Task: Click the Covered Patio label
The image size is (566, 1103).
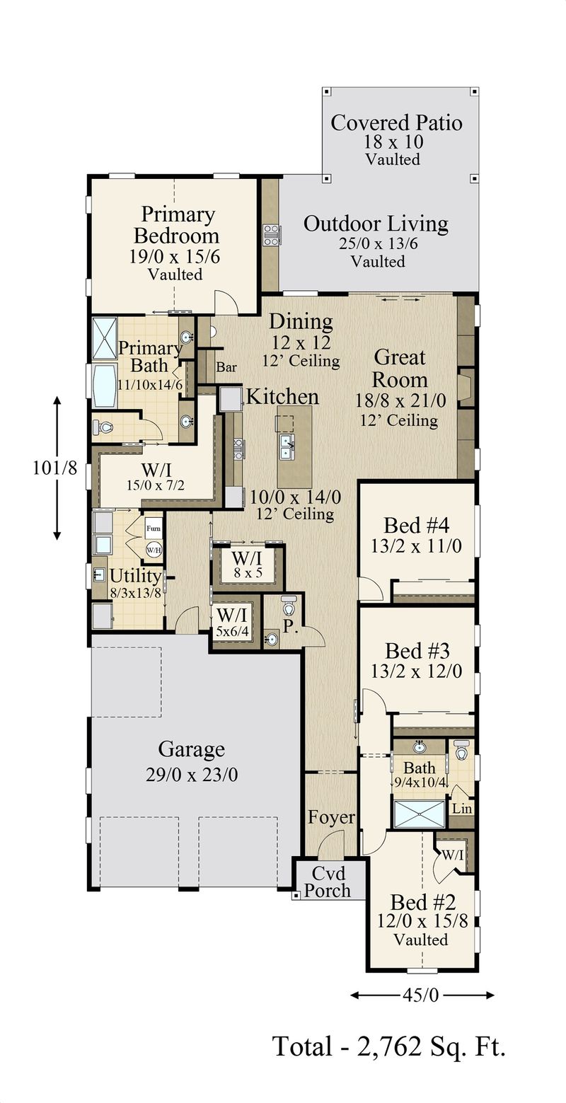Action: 396,123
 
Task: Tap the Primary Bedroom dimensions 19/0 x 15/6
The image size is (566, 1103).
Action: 175,256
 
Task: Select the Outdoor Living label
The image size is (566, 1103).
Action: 376,224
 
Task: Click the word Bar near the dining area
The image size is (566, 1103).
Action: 226,368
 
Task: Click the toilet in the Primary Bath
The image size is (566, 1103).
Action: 103,427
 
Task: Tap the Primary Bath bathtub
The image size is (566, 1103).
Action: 105,386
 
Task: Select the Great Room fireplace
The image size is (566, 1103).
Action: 464,388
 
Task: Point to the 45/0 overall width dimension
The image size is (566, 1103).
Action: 422,995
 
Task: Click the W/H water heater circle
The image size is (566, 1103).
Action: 154,548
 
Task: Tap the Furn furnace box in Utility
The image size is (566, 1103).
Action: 154,529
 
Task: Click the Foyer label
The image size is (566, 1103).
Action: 331,817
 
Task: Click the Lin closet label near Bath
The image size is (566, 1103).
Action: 461,808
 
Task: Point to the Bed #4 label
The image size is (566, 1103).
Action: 417,526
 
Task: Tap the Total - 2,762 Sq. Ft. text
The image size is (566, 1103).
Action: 388,1045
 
